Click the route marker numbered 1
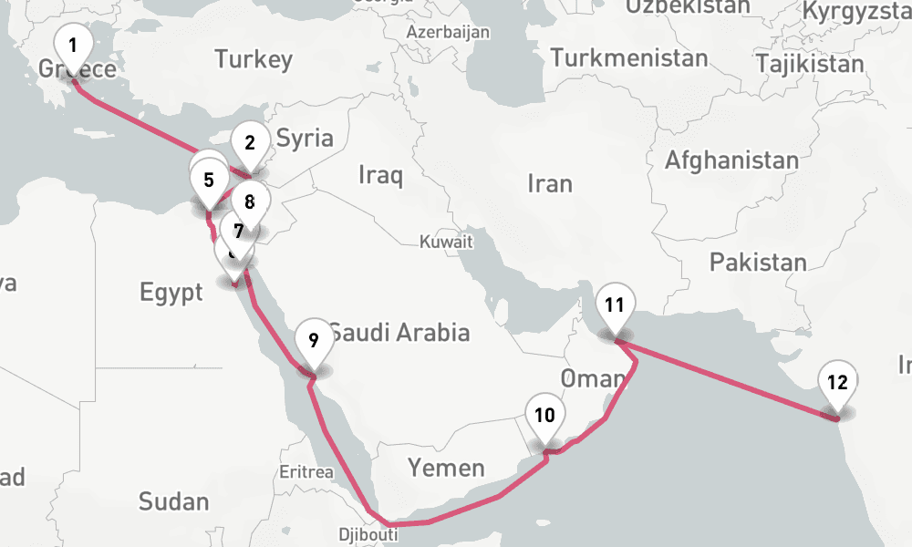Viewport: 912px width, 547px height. [x=73, y=44]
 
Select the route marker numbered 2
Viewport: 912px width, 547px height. [x=249, y=142]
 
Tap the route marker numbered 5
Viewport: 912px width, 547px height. [x=209, y=179]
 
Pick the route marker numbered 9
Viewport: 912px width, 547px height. [x=313, y=341]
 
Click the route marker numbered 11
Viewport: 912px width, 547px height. [x=615, y=305]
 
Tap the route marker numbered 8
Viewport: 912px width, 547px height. [x=250, y=202]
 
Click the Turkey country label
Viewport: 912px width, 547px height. [x=254, y=61]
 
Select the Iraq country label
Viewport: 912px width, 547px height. [x=380, y=175]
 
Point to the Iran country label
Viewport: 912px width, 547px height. [x=550, y=184]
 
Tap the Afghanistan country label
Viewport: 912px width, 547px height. [x=731, y=161]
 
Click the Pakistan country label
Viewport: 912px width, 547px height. [x=758, y=263]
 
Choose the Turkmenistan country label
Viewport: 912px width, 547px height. [x=629, y=58]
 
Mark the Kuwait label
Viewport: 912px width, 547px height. [x=446, y=243]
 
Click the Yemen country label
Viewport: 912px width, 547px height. [x=446, y=469]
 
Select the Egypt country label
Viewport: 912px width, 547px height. [x=171, y=293]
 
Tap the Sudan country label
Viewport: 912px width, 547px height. [x=173, y=501]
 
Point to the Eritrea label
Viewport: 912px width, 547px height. [x=307, y=472]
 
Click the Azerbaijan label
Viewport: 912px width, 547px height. [x=449, y=32]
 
